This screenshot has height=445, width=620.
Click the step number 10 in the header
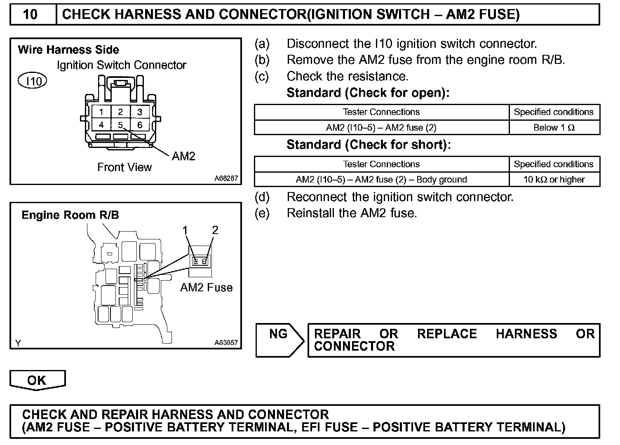(x=31, y=15)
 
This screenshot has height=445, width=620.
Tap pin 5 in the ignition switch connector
(x=120, y=125)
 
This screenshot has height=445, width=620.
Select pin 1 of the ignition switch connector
(x=101, y=112)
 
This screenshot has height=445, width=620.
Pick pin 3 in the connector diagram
(x=140, y=112)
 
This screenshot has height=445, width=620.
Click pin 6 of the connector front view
(x=140, y=125)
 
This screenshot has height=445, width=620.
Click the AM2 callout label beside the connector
(x=183, y=156)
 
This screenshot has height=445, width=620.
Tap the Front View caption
(x=124, y=167)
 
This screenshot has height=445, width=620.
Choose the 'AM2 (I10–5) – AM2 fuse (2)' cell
(x=381, y=128)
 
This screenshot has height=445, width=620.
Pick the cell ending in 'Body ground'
(x=381, y=180)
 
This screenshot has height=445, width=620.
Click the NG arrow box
(x=279, y=340)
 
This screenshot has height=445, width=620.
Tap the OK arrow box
(x=37, y=380)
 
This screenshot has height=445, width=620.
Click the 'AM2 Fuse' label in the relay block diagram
(x=206, y=288)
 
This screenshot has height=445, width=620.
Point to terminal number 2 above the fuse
(x=215, y=230)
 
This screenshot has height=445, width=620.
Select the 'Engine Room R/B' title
(x=70, y=215)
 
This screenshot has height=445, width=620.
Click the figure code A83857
(x=226, y=342)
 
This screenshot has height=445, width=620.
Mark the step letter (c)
(x=262, y=77)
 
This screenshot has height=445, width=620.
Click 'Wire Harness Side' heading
(x=68, y=50)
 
